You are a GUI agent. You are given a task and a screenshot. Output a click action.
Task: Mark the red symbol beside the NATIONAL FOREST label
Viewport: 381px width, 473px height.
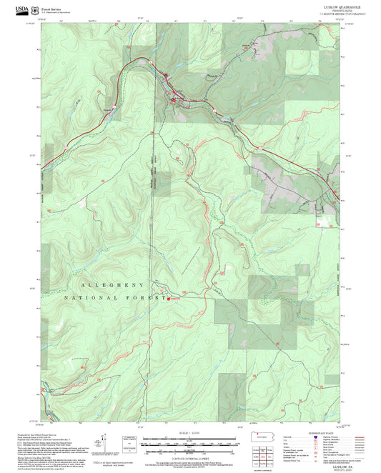tap(169, 298)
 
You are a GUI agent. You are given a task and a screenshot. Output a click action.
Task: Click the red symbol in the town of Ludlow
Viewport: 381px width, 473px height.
tap(172, 101)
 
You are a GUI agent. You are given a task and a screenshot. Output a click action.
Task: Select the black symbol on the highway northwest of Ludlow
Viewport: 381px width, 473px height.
tap(165, 75)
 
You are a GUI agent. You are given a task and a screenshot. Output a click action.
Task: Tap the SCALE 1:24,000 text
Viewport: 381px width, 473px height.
tap(189, 433)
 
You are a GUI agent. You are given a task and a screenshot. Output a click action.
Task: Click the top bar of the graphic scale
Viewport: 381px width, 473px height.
tap(189, 437)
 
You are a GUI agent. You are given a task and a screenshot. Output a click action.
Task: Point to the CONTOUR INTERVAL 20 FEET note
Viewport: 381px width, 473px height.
tap(189, 455)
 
